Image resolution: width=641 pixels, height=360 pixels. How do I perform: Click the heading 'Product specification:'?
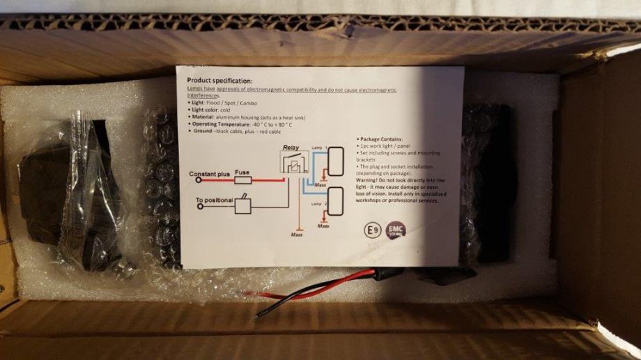(221, 81)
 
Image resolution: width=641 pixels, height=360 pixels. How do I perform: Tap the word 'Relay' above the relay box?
(291, 148)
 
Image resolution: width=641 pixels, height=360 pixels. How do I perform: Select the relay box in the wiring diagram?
(295, 166)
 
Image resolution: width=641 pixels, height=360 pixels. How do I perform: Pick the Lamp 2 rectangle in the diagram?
(335, 202)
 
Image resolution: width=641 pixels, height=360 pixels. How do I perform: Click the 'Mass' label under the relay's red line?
(296, 235)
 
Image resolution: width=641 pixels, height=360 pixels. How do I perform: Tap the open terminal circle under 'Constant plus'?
(199, 180)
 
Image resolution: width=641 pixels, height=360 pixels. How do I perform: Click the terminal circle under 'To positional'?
(199, 207)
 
